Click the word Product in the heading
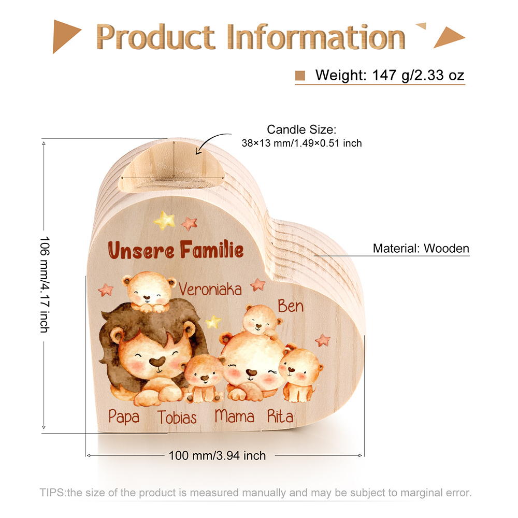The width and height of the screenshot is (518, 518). point(155,37)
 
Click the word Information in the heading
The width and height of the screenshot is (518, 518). point(316,37)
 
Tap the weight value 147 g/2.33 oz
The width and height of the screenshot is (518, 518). point(418,75)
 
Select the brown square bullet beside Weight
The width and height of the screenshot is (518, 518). point(300,75)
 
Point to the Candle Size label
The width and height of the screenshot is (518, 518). point(301,129)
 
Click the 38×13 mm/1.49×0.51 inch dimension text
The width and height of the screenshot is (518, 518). point(301,143)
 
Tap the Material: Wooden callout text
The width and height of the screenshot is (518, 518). point(421,249)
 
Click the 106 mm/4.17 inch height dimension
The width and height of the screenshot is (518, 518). point(45,284)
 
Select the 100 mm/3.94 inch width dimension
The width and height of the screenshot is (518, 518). point(217,455)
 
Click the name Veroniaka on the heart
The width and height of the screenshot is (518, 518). point(210,290)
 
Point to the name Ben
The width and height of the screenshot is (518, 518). point(291,306)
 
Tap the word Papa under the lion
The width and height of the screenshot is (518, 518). point(124,416)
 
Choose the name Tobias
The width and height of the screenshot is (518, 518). point(177,417)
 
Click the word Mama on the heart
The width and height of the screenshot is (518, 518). point(234,416)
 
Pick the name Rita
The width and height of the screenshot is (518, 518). point(280,416)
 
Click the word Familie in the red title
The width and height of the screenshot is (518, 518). point(212,250)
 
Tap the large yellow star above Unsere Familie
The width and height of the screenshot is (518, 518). point(164,220)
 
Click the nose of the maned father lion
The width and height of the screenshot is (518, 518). point(157,362)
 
